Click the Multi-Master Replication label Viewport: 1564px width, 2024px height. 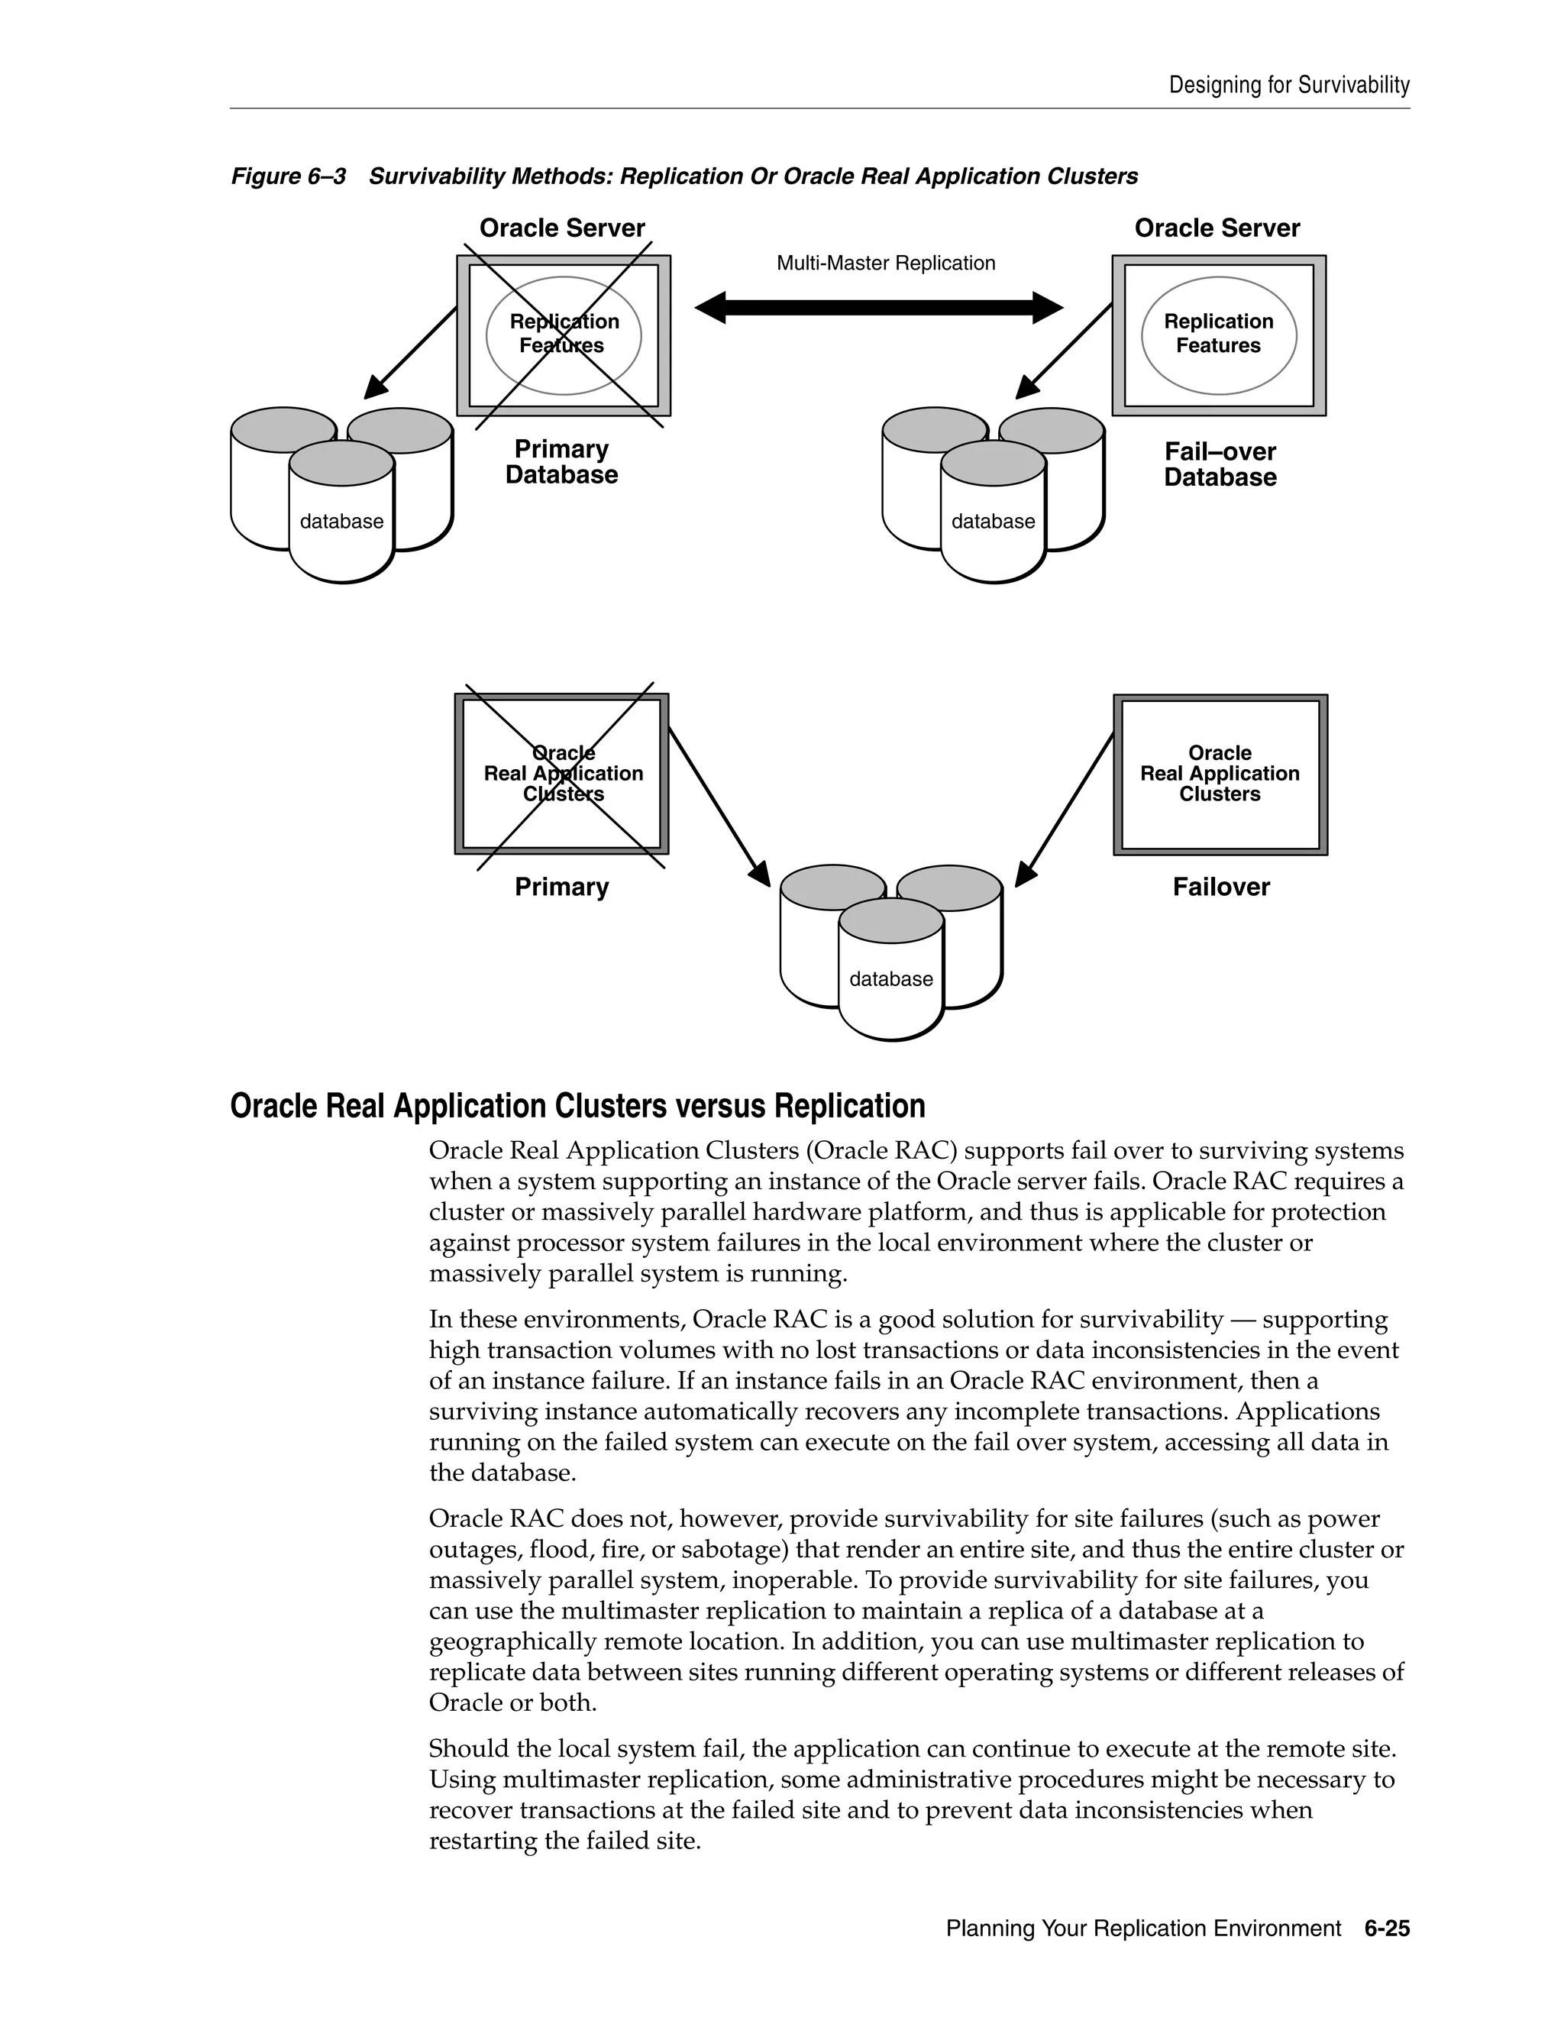[885, 264]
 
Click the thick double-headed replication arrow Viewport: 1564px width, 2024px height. [878, 308]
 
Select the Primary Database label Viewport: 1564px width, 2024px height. [561, 461]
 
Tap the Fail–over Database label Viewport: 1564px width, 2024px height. [1220, 464]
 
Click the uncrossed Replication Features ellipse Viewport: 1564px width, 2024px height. [1217, 334]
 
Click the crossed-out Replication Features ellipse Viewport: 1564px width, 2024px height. [564, 334]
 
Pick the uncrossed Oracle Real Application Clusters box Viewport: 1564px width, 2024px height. [1220, 774]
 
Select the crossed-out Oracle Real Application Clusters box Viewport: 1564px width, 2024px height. [562, 774]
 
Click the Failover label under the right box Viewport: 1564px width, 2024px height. [1220, 887]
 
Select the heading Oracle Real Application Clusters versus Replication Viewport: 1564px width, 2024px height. [577, 1107]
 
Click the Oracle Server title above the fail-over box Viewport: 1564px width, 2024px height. [1217, 228]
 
